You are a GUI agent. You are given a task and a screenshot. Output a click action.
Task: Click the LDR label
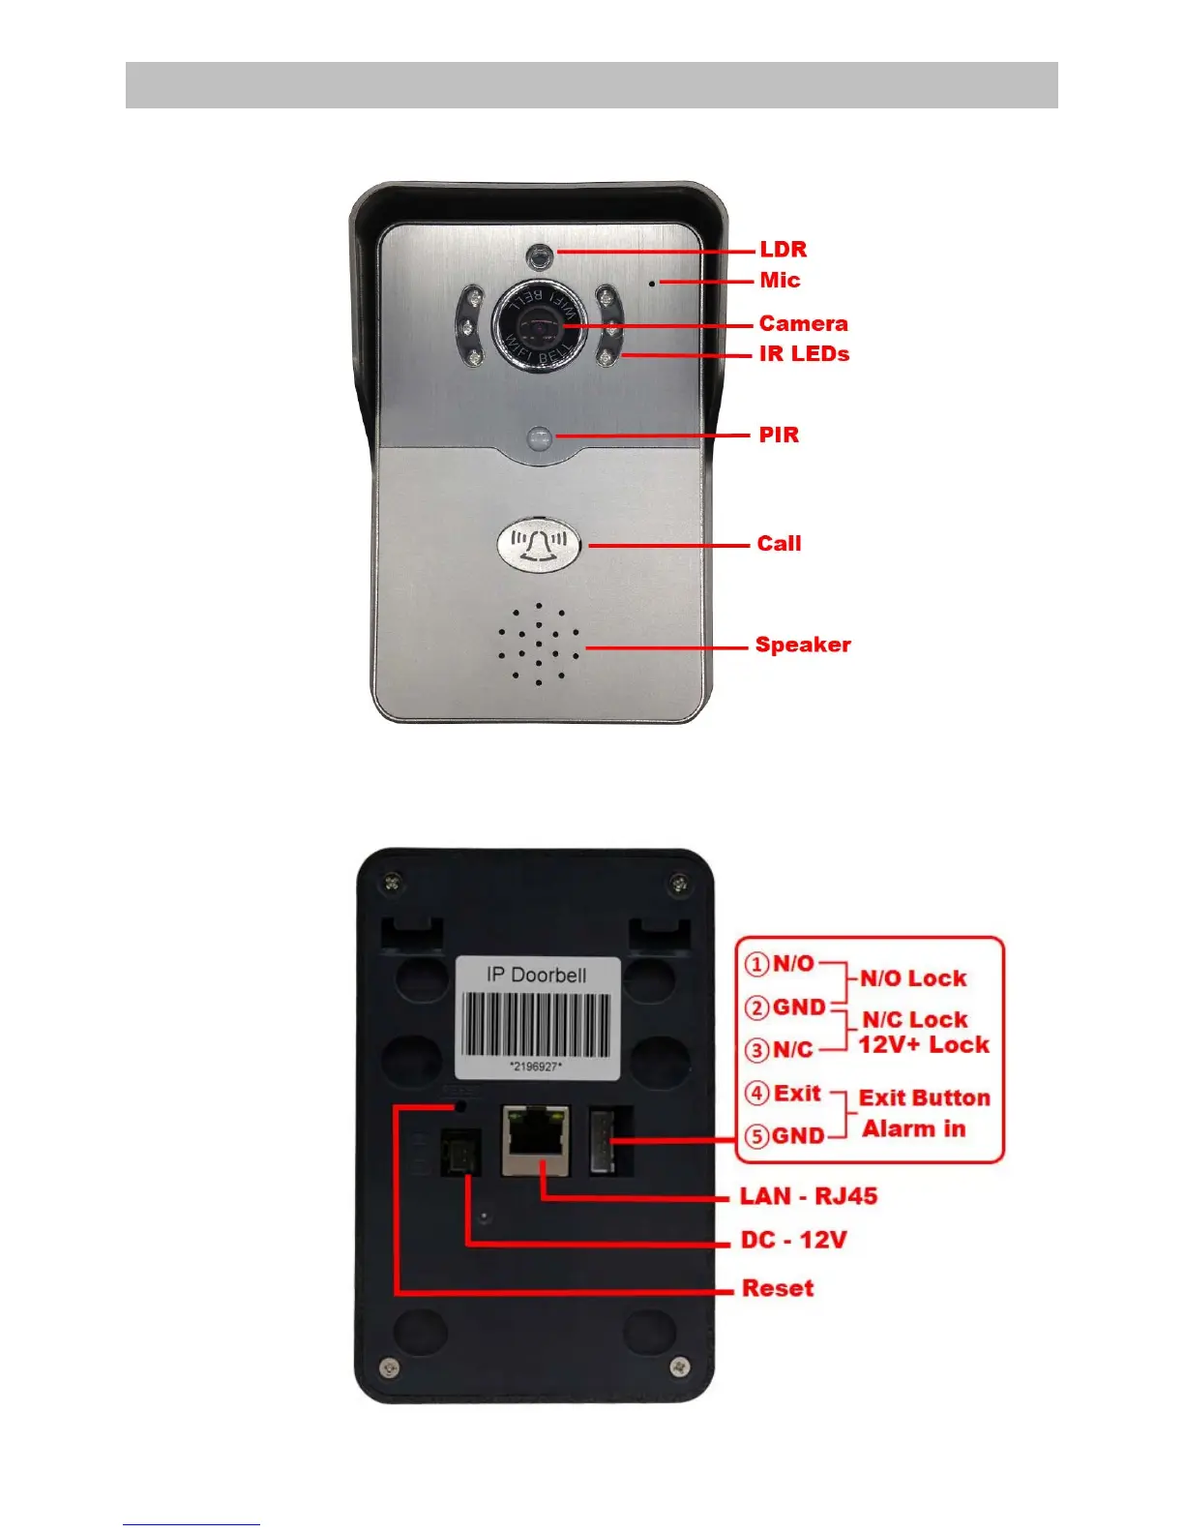click(783, 250)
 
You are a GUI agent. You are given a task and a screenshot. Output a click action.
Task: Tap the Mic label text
click(780, 281)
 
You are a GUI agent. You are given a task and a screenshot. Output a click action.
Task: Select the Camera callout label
click(803, 323)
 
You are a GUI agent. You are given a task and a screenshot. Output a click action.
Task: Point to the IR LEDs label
click(804, 354)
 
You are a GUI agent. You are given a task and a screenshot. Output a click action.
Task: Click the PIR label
click(779, 435)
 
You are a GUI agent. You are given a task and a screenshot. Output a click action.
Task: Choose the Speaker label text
click(803, 645)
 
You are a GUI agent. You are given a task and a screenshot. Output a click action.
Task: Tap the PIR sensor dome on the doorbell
click(539, 438)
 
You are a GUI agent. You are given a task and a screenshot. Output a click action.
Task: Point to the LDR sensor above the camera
click(539, 256)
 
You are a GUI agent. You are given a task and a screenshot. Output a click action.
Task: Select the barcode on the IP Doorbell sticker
click(536, 1025)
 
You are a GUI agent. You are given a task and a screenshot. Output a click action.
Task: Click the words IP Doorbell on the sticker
click(536, 975)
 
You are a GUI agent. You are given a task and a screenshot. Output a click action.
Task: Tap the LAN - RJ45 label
click(809, 1196)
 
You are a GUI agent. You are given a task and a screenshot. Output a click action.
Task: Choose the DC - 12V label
click(793, 1240)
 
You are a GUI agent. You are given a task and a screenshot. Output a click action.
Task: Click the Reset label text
click(778, 1288)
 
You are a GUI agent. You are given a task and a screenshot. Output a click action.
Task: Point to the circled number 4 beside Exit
click(756, 1094)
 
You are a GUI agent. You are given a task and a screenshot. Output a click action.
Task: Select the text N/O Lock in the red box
click(913, 978)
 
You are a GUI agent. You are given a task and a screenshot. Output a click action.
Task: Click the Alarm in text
click(914, 1128)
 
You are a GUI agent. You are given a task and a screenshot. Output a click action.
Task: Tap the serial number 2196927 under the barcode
click(536, 1067)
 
